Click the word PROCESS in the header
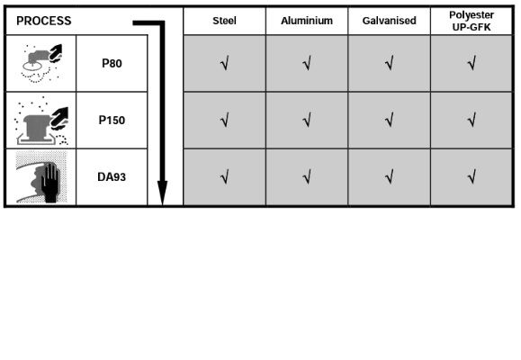(x=43, y=21)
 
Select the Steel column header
(x=224, y=21)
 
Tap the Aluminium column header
(x=307, y=21)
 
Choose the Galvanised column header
(x=389, y=21)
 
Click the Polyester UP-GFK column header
(x=472, y=21)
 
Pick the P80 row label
(x=112, y=63)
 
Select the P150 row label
(x=112, y=120)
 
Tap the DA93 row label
(x=112, y=176)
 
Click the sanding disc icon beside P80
(x=41, y=63)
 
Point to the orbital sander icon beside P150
(x=41, y=121)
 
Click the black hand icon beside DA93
(x=50, y=183)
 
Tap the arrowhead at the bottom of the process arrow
(x=162, y=193)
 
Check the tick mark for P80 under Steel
(x=225, y=63)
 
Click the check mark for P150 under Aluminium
(x=307, y=120)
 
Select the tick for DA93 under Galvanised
(x=390, y=176)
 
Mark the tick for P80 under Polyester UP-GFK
(x=472, y=63)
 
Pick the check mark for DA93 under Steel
(x=225, y=176)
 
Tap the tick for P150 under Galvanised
(x=390, y=120)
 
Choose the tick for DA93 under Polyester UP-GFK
(x=472, y=176)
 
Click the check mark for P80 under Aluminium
(x=307, y=63)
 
